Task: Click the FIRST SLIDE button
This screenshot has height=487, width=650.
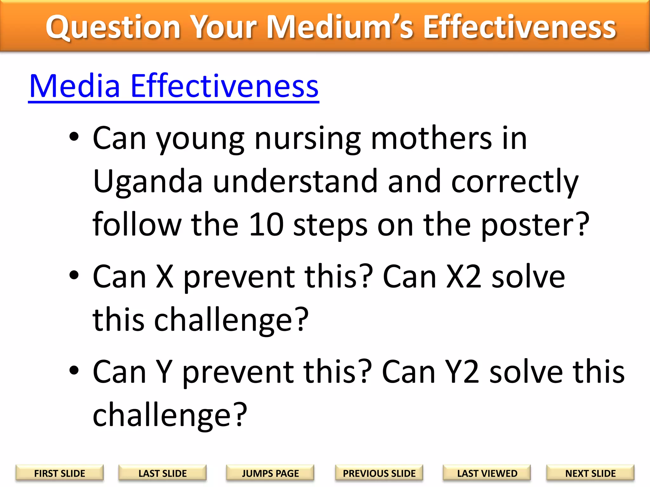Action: [x=60, y=473]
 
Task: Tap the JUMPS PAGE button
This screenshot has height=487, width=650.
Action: [x=270, y=473]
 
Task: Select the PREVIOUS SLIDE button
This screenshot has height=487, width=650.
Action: [x=379, y=473]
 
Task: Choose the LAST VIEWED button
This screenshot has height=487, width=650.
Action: [x=487, y=473]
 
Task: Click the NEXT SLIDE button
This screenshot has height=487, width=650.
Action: [x=590, y=473]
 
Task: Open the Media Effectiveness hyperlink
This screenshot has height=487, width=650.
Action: [x=174, y=86]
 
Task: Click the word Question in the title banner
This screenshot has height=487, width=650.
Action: [x=113, y=28]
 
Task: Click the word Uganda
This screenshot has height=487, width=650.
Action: [x=148, y=181]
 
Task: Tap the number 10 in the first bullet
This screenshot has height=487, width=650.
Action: [x=266, y=224]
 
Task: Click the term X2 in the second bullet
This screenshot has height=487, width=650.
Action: [x=464, y=277]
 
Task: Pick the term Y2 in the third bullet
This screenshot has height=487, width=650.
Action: [x=462, y=372]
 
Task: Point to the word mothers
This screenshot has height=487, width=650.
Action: [x=431, y=138]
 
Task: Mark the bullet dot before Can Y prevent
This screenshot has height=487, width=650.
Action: [x=74, y=370]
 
